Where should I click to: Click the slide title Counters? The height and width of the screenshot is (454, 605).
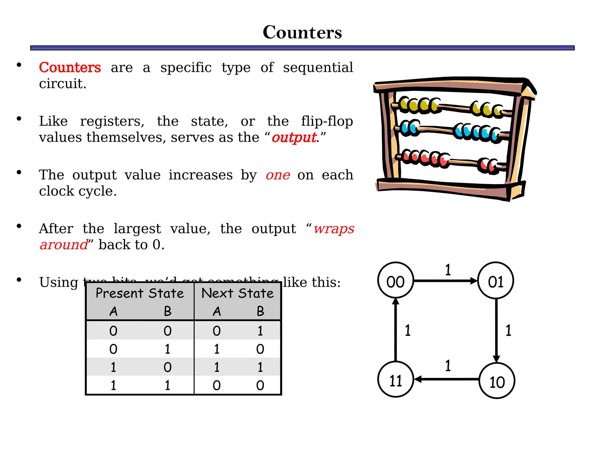coord(302,32)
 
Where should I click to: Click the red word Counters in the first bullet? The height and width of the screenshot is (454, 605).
coord(70,67)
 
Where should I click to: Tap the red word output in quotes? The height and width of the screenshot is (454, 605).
coord(294,138)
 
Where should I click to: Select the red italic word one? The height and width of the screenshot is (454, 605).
coord(278,175)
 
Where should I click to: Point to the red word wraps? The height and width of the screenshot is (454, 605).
coord(334,229)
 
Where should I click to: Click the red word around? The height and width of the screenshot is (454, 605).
coord(64,245)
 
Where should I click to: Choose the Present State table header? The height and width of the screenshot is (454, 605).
coord(140,294)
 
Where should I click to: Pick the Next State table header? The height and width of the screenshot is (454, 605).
coord(238,294)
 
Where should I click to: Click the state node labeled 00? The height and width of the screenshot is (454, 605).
coord(396,280)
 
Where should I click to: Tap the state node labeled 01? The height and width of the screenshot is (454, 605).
coord(496,280)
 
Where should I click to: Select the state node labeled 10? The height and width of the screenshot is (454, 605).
coord(497,380)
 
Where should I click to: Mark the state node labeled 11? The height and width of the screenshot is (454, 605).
coord(396,380)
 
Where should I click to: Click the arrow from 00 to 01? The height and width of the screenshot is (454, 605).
coord(445,281)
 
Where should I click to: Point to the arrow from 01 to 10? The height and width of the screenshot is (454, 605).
coord(496,330)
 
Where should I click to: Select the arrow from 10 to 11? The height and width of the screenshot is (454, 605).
coord(446,379)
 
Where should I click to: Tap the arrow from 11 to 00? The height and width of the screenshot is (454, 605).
coord(396,330)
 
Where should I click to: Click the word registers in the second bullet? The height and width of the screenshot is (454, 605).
coord(112,121)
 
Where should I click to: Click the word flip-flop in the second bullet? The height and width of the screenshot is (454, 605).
coord(327,121)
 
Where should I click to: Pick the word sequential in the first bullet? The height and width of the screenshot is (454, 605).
coord(318,68)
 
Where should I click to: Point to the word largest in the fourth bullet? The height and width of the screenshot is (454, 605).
coord(137,229)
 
